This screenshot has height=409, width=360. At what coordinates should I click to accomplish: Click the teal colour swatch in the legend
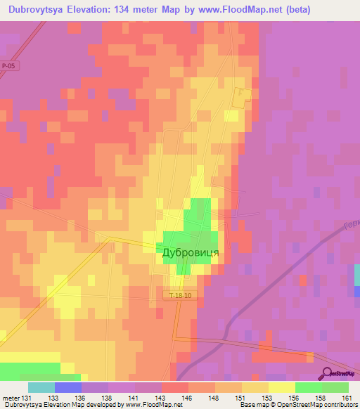tap(41, 387)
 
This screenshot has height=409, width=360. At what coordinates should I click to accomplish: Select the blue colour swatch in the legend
tap(68, 387)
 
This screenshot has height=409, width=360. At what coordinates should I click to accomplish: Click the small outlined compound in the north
tap(242, 98)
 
